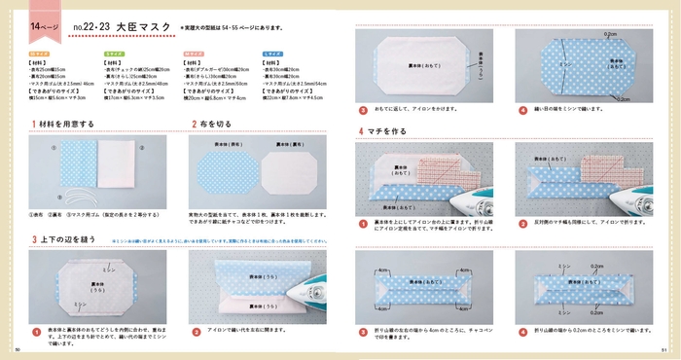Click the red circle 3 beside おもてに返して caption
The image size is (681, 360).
(x=362, y=111)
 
